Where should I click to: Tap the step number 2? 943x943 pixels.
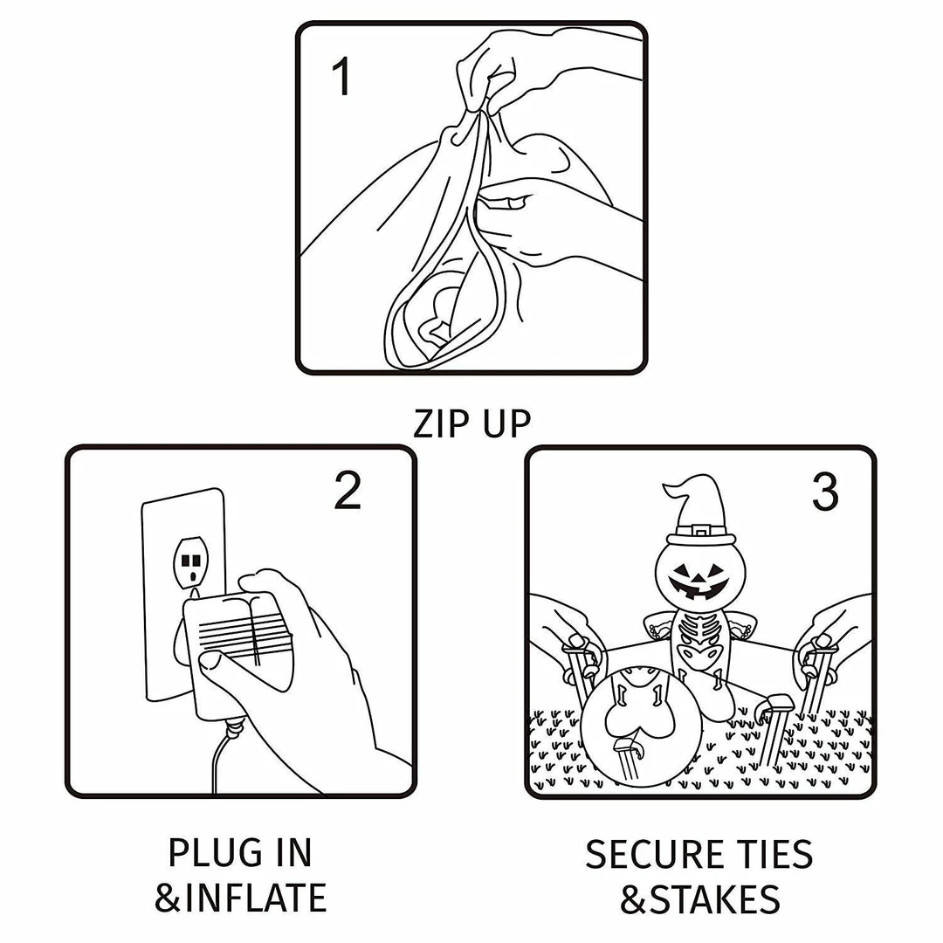click(348, 492)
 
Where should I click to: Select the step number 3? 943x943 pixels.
click(825, 492)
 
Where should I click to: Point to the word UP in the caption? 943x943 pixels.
click(506, 423)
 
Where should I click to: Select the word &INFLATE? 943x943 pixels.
click(241, 898)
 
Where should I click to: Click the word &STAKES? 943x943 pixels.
click(700, 899)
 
